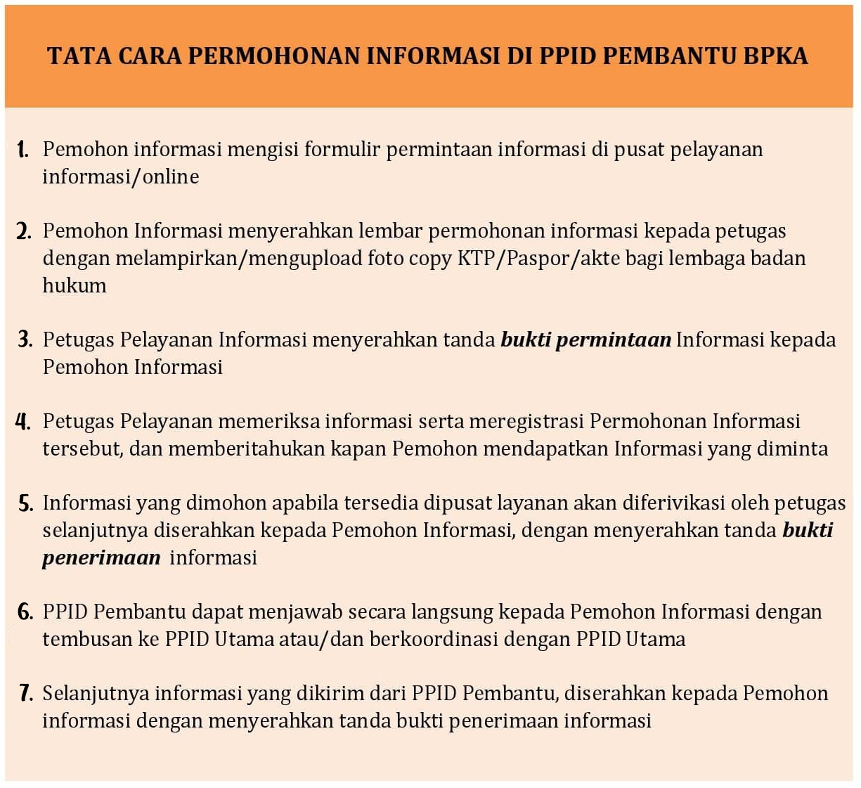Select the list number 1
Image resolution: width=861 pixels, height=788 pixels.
[x=23, y=149]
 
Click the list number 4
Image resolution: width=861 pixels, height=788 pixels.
[x=23, y=421]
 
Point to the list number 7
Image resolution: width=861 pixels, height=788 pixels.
[x=25, y=693]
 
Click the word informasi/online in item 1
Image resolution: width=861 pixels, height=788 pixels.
[x=120, y=176]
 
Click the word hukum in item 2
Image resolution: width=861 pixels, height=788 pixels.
[x=75, y=285]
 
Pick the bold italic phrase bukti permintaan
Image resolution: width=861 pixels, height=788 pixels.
[x=585, y=340]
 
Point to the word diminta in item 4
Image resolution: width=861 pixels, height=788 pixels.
[x=791, y=448]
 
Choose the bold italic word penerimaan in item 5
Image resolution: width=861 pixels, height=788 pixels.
[x=101, y=557]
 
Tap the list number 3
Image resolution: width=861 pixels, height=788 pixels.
[x=25, y=340]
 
